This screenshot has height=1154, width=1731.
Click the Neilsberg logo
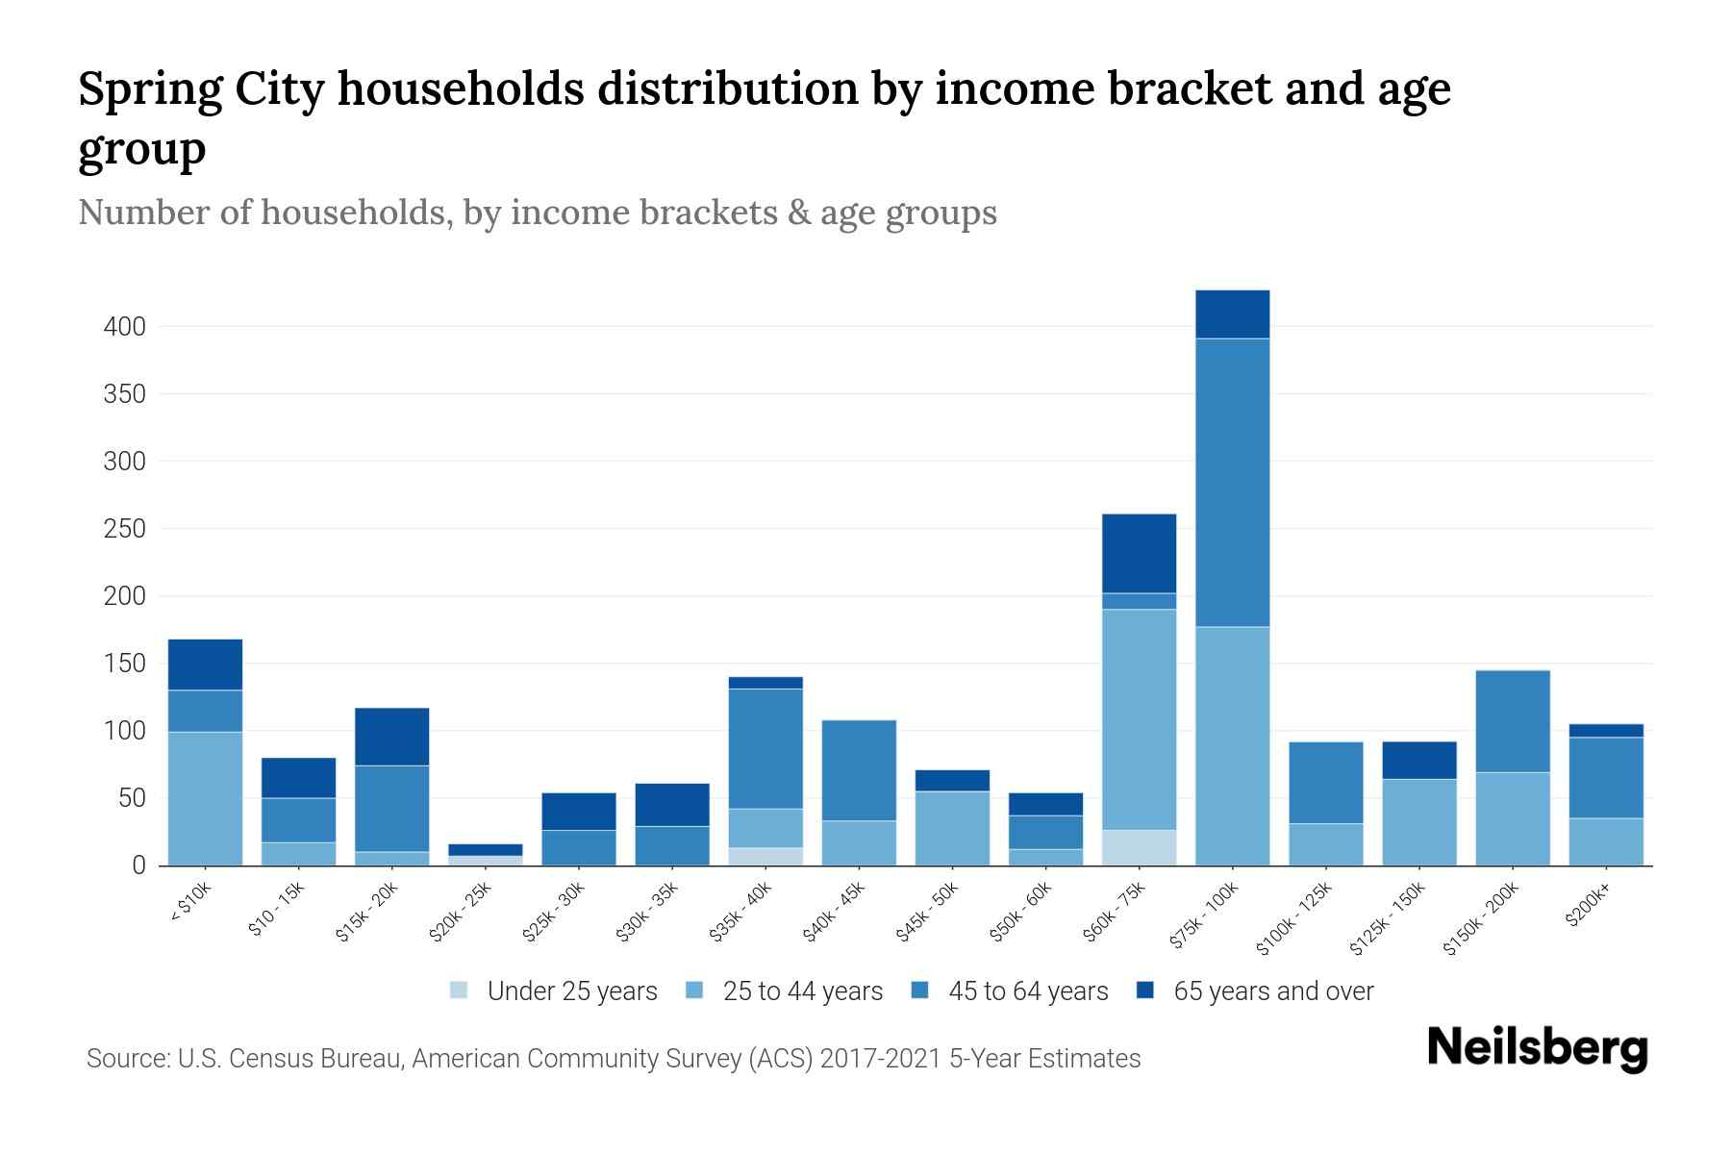[1537, 1048]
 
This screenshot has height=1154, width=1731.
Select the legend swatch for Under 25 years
[460, 991]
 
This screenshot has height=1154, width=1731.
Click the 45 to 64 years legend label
[1027, 991]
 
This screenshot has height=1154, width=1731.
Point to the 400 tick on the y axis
[125, 327]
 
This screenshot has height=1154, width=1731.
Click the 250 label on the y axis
[125, 529]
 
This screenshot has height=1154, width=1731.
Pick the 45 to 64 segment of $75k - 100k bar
[1232, 481]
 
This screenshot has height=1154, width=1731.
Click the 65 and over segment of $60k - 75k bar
[1139, 553]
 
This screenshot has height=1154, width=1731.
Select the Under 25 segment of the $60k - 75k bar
[1139, 847]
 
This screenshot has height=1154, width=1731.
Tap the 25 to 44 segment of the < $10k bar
[205, 798]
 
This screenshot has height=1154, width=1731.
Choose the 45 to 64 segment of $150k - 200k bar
[1512, 721]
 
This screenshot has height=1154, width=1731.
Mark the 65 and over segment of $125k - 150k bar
[1418, 760]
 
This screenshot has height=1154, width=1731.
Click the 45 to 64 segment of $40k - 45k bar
[859, 769]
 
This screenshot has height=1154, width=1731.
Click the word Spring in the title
[147, 89]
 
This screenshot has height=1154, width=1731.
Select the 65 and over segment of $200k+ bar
[1606, 731]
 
